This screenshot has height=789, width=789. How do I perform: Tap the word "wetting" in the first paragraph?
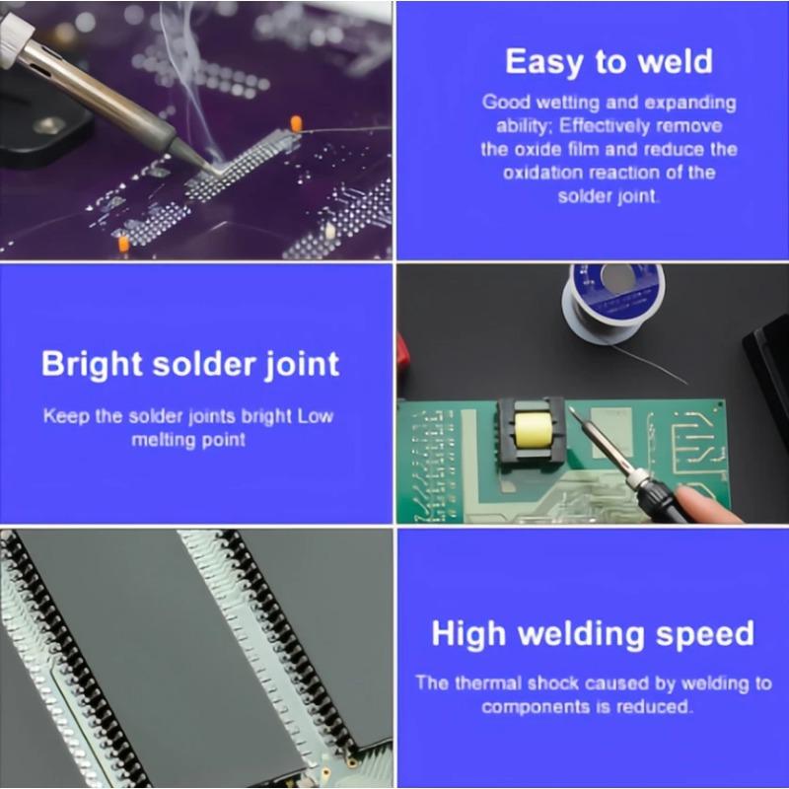pyautogui.click(x=557, y=103)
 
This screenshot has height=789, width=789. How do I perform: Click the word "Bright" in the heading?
pyautogui.click(x=93, y=364)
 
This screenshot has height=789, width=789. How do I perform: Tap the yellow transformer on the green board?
pyautogui.click(x=531, y=429)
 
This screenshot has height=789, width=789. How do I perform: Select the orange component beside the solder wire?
pyautogui.click(x=295, y=124)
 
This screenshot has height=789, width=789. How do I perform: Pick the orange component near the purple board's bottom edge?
pyautogui.click(x=123, y=243)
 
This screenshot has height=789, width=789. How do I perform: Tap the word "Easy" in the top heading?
pyautogui.click(x=544, y=61)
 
